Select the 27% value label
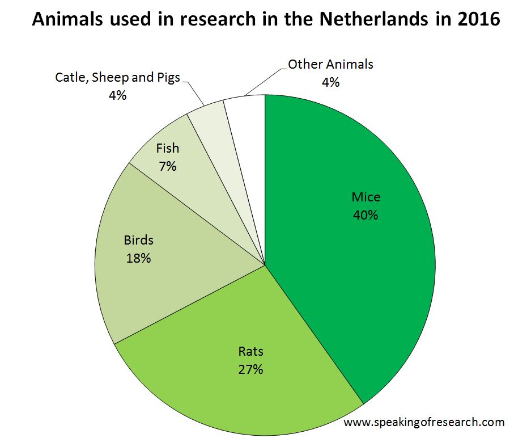click(250, 369)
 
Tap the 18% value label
click(138, 258)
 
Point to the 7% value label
click(168, 166)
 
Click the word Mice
click(366, 197)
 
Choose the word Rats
click(250, 352)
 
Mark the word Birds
click(138, 240)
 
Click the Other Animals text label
click(330, 64)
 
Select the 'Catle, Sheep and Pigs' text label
click(117, 78)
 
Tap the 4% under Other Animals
click(330, 82)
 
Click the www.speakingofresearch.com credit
click(424, 422)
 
